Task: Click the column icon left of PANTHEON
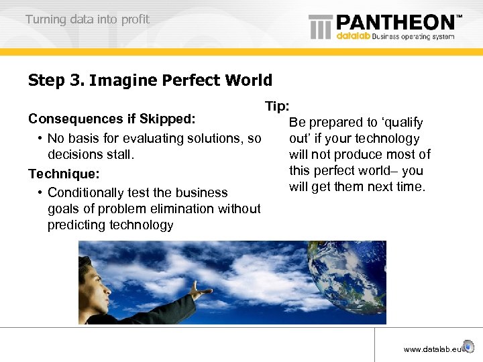[320, 27]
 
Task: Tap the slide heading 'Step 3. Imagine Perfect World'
[150, 81]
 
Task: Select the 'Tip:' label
[277, 107]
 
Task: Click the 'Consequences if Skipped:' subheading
[112, 119]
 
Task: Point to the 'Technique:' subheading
[64, 174]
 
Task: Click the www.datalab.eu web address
[433, 349]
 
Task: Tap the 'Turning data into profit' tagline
[87, 19]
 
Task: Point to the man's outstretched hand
[201, 290]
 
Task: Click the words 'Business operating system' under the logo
[413, 36]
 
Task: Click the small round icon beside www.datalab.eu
[469, 349]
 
